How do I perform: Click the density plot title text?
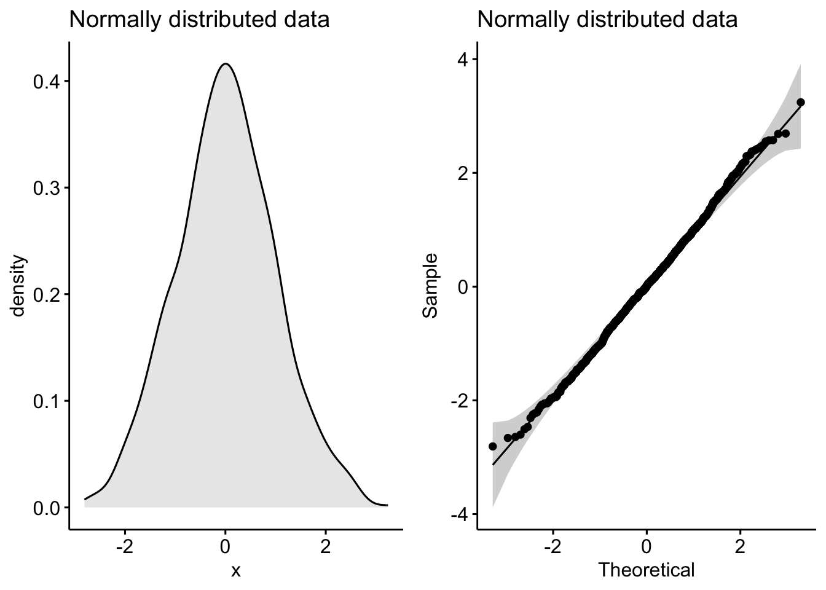tap(199, 20)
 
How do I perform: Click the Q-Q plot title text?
tap(607, 20)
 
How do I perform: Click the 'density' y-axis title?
tap(18, 286)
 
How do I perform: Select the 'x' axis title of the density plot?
tap(235, 570)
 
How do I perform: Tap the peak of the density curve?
tap(226, 63)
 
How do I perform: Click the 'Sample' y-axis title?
tap(431, 286)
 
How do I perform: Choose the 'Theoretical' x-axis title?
tap(647, 570)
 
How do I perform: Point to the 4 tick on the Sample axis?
tap(462, 59)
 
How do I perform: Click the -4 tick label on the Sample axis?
tap(458, 515)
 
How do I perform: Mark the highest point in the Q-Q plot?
tap(800, 102)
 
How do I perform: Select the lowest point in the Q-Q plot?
tap(492, 446)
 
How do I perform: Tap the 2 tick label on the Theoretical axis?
tap(740, 545)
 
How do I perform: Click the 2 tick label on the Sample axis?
tap(462, 173)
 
